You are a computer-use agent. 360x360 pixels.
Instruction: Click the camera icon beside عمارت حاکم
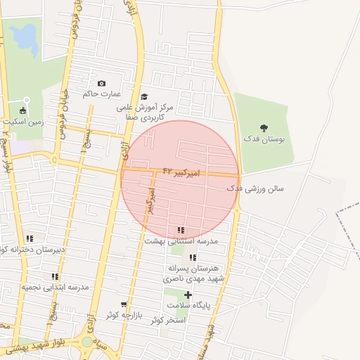point(101,84)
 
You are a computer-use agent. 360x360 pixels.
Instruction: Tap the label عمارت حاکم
point(101,94)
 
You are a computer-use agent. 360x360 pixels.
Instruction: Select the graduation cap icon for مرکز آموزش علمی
point(144,97)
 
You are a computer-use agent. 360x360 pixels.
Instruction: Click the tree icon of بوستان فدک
point(264,128)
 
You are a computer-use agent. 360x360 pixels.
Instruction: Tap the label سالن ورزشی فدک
point(255,189)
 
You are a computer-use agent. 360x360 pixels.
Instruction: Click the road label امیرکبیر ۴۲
point(181,172)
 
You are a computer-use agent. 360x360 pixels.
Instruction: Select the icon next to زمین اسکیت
point(22,110)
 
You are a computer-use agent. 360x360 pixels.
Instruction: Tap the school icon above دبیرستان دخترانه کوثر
point(30,238)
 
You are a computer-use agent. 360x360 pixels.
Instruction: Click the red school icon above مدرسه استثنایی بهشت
point(181,230)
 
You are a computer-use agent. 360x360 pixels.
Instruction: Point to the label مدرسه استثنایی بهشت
point(181,240)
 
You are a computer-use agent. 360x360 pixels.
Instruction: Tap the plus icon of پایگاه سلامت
point(188,295)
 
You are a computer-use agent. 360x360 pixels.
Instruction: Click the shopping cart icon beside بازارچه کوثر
point(124,304)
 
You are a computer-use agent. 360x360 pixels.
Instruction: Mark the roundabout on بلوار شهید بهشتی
point(88,342)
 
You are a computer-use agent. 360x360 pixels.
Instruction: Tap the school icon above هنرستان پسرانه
point(193,257)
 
